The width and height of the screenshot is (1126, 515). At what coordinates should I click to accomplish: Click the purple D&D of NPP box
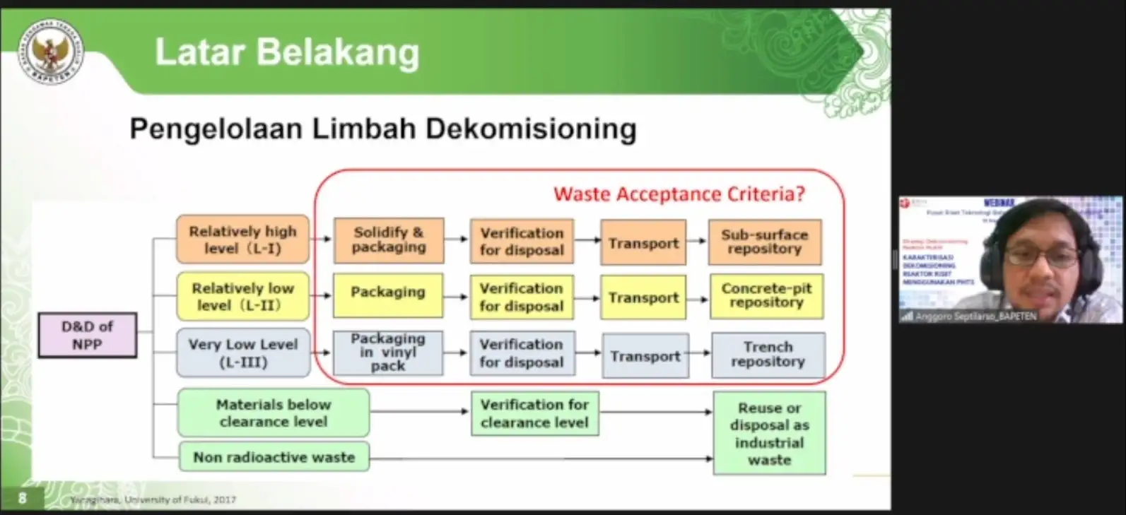coord(87,335)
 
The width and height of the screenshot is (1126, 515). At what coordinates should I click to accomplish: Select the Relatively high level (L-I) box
coord(242,239)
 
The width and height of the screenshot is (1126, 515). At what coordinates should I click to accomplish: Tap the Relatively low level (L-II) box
coord(242,297)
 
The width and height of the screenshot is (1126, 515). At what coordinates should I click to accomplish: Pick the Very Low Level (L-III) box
coord(242,353)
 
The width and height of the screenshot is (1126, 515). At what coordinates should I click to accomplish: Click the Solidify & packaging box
coord(389,240)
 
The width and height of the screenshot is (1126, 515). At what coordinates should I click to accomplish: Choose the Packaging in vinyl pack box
coord(388,352)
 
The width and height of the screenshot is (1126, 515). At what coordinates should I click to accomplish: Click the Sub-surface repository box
coord(764,242)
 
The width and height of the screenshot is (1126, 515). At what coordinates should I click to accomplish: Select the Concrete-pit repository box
coord(766,296)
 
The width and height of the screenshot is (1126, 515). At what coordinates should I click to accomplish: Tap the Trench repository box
coord(768,355)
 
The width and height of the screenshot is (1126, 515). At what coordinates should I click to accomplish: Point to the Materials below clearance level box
coord(273,413)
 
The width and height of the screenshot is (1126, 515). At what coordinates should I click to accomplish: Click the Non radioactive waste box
coord(274,457)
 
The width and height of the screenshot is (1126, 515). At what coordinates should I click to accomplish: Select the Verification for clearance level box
coord(534,413)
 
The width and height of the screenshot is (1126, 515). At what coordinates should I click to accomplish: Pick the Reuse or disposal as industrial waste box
coord(769,433)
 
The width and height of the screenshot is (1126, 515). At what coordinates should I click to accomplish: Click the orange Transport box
coord(643,242)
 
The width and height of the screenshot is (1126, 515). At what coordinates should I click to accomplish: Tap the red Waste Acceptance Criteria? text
coord(679,194)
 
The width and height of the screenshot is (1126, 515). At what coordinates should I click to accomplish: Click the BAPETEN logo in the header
coord(52,52)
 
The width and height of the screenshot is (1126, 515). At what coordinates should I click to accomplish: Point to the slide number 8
coord(22,498)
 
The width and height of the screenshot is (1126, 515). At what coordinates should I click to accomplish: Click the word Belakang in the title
coord(337,52)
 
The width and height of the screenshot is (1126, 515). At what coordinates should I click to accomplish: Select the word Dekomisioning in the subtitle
coord(531,129)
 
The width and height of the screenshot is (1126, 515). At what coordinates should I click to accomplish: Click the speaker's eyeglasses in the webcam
coord(1041,255)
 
